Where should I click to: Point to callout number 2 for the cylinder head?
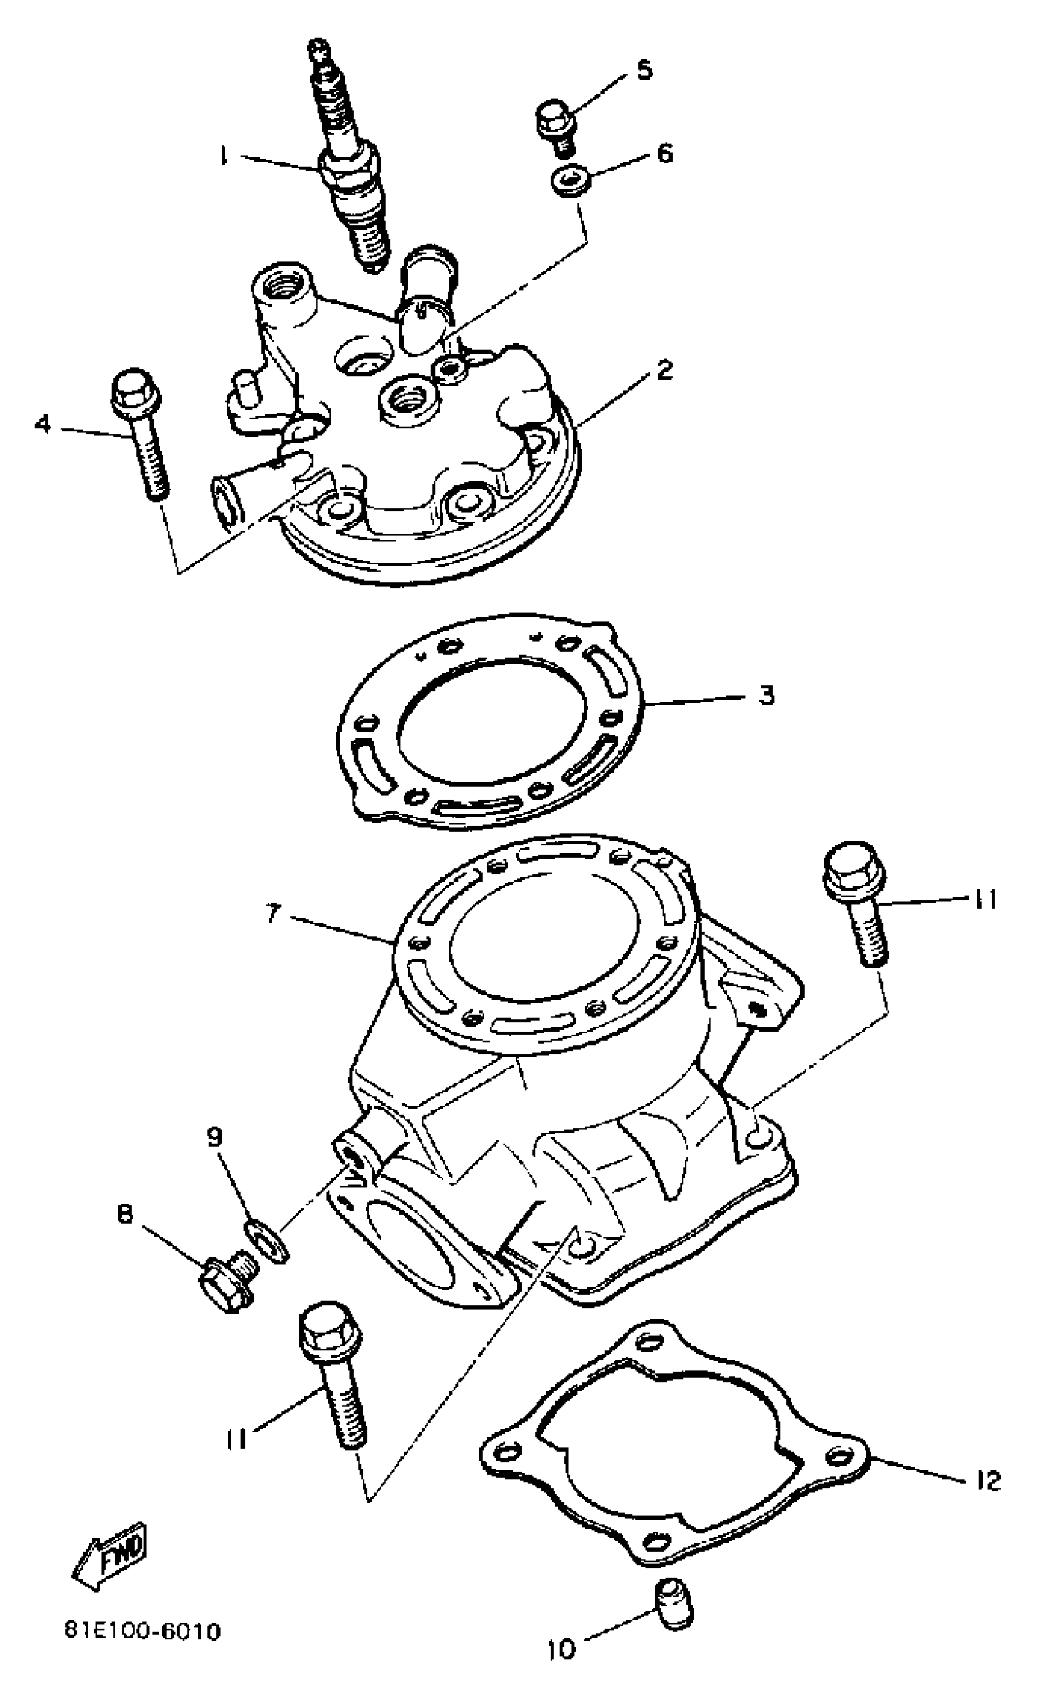pos(663,370)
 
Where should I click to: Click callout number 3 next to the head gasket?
pos(765,695)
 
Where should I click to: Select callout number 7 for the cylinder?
pos(272,913)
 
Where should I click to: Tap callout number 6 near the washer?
pos(664,153)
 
